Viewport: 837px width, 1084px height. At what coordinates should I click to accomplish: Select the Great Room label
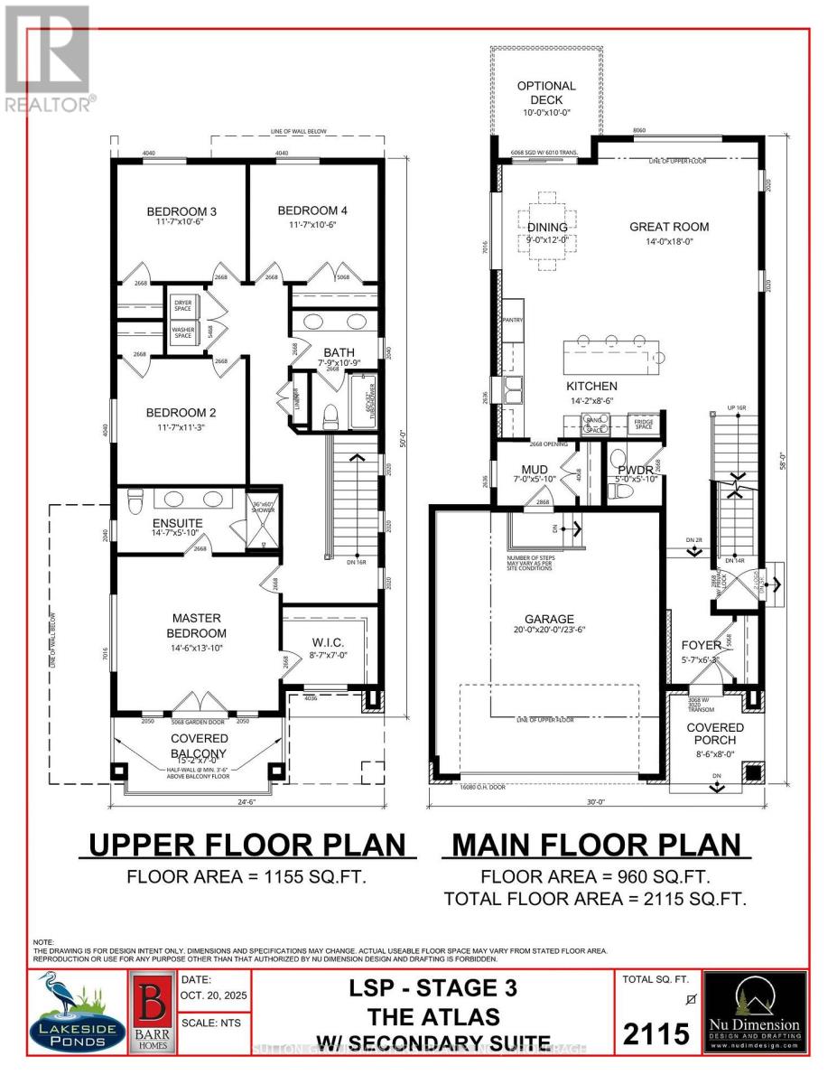tap(669, 227)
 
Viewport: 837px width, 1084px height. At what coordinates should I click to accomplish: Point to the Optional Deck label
tap(546, 93)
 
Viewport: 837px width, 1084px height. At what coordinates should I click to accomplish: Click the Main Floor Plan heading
tap(595, 846)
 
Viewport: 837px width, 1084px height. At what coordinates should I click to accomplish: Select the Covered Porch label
tap(714, 734)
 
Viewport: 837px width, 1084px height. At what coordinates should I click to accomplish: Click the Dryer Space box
tap(183, 306)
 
